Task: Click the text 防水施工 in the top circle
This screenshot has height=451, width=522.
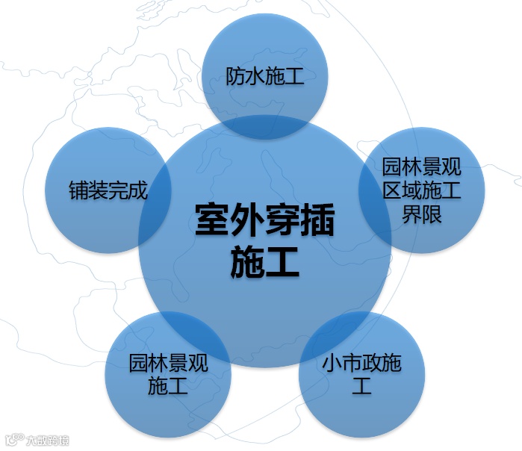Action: [x=265, y=76]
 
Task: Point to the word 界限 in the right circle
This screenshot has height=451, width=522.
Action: [x=422, y=215]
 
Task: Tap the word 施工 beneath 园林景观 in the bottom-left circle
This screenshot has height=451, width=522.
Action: [x=168, y=387]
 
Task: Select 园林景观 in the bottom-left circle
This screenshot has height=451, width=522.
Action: [x=168, y=363]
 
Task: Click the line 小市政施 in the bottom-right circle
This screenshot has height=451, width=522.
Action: [x=362, y=363]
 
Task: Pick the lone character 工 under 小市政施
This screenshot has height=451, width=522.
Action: [x=362, y=387]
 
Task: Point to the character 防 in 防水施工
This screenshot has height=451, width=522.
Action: [x=236, y=76]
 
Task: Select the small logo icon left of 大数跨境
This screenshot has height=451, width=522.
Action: [x=13, y=441]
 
